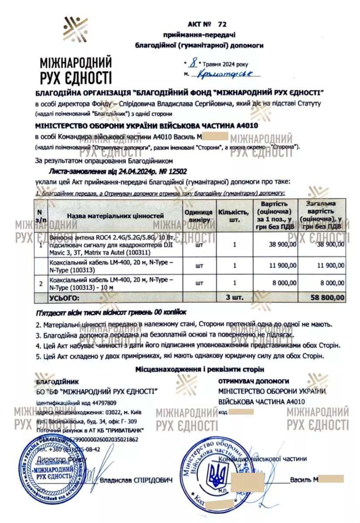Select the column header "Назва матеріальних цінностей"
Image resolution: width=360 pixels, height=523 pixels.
click(x=115, y=215)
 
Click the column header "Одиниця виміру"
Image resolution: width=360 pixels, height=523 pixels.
click(x=198, y=216)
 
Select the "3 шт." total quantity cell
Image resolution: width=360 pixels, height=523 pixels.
click(x=234, y=297)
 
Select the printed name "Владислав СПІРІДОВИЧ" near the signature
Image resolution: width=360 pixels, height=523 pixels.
click(x=136, y=480)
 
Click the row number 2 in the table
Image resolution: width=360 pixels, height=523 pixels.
click(x=41, y=284)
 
